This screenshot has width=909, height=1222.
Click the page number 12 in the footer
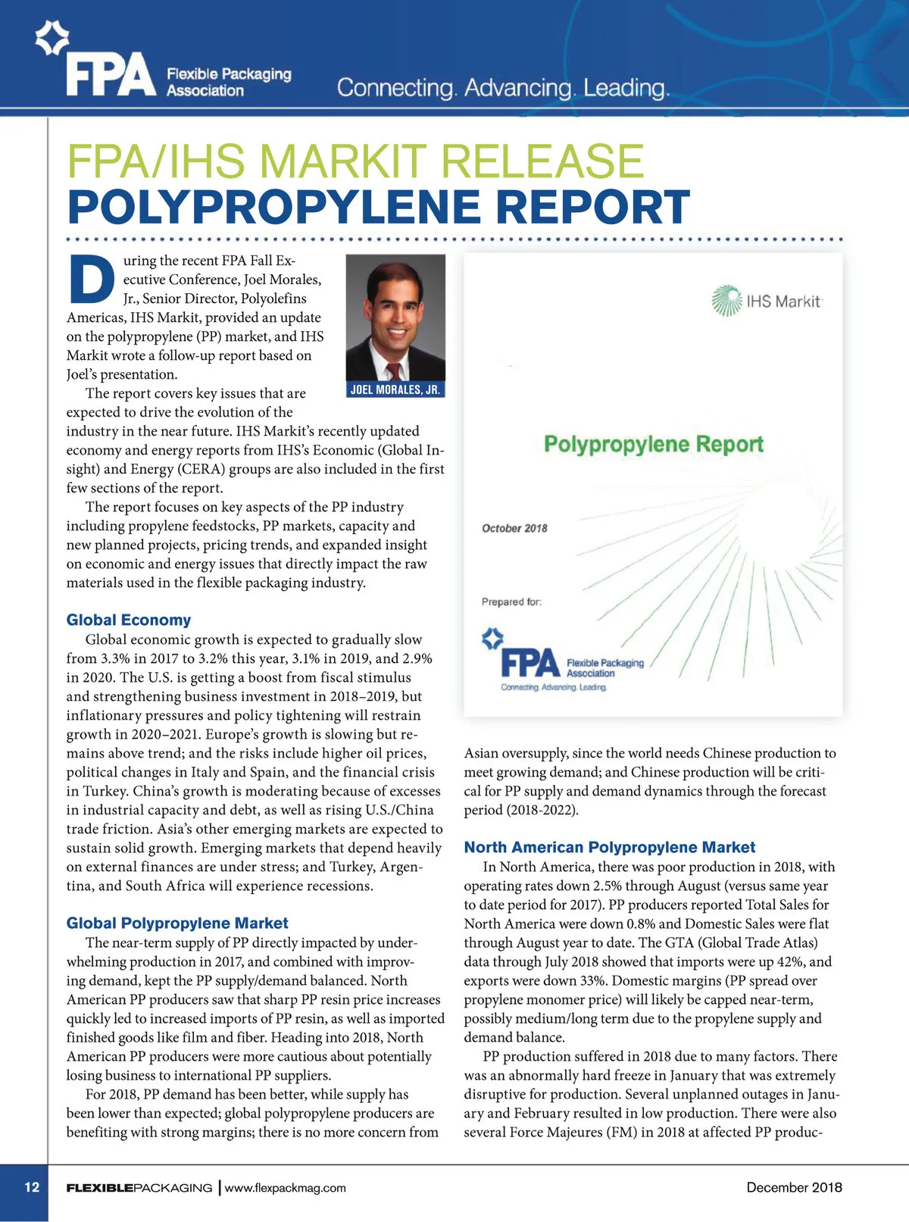(x=32, y=1187)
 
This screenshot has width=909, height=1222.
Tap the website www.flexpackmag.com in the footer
(x=286, y=1188)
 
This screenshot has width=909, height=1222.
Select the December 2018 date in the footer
(x=794, y=1187)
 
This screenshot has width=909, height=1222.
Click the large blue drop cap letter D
(x=91, y=278)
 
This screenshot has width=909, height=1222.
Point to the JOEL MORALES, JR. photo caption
(x=395, y=390)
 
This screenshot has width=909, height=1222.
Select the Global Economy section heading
(x=129, y=620)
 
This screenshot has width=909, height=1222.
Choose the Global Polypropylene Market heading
(x=177, y=923)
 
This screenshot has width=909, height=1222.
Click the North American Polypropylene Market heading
(x=610, y=847)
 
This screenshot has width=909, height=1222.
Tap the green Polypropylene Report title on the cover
(x=654, y=444)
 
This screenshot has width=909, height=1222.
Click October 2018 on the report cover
(x=514, y=528)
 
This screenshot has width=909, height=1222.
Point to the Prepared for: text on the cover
(x=511, y=602)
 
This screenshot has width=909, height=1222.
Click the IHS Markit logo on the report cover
(x=767, y=301)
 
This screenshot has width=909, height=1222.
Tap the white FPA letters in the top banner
(x=111, y=76)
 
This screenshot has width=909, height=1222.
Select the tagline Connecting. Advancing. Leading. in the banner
(x=503, y=88)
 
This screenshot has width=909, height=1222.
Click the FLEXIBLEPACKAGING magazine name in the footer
(x=139, y=1188)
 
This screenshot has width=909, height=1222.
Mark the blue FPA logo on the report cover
(x=530, y=663)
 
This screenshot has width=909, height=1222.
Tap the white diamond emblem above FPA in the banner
(x=52, y=38)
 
